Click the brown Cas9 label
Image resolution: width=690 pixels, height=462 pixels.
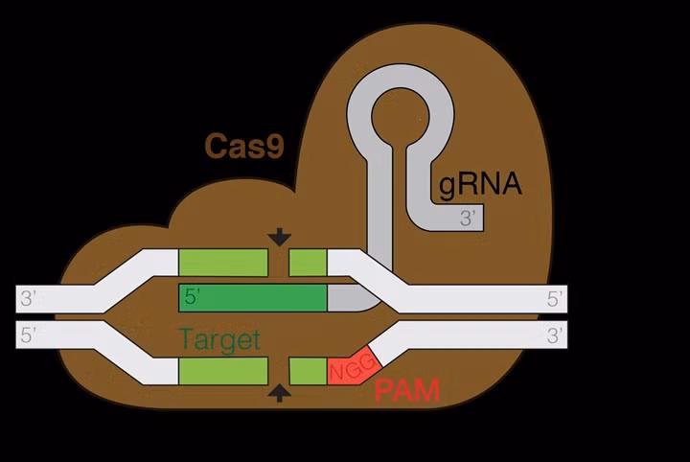coord(243,147)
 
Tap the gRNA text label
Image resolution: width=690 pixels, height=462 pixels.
coord(480,182)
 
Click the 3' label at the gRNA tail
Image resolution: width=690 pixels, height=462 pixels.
coord(469,218)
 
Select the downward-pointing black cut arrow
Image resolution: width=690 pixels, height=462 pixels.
coord(280,237)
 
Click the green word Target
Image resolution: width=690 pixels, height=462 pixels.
coord(219,339)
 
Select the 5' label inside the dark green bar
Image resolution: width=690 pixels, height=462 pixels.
coord(192,297)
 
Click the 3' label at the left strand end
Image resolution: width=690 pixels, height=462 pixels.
coord(29,298)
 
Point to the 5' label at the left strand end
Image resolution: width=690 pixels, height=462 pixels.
coord(29,335)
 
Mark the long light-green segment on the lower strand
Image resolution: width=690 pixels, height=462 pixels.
coord(223,371)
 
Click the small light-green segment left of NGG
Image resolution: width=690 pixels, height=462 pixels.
coord(307,371)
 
